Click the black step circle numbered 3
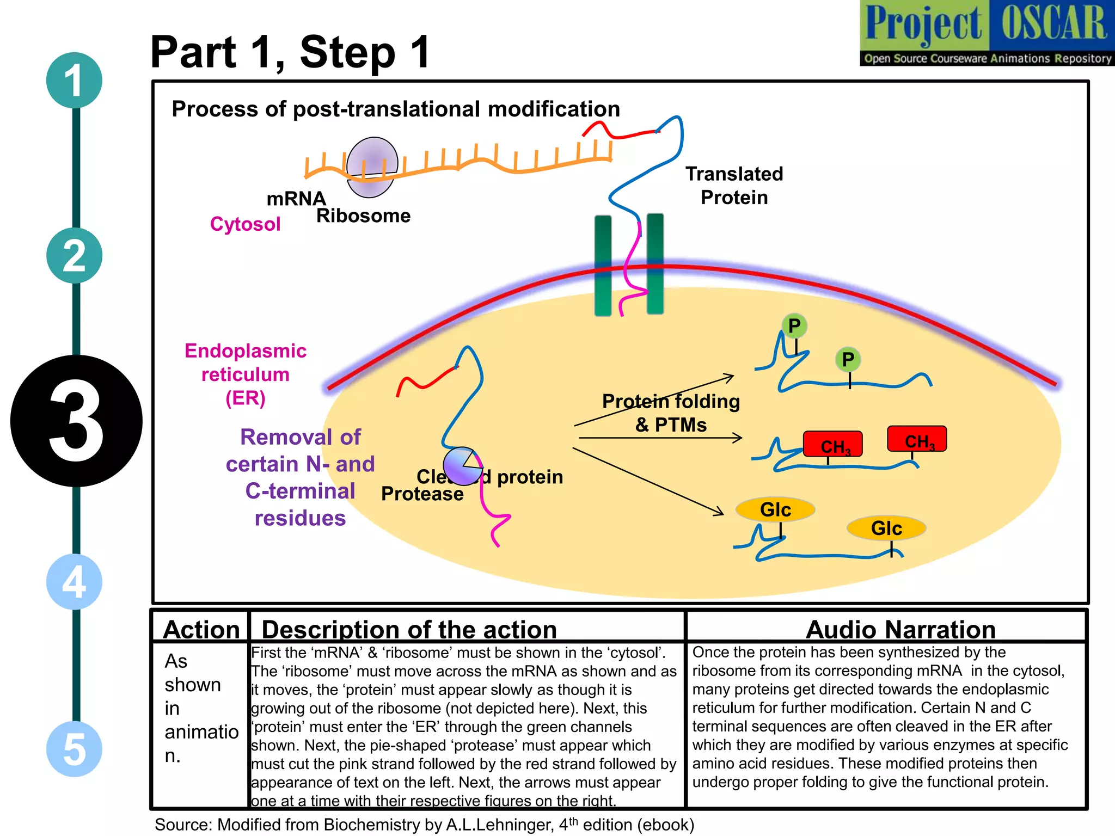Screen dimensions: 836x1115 tap(76, 421)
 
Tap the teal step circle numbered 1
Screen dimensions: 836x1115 tap(74, 81)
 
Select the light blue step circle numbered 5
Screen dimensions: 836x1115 tap(74, 749)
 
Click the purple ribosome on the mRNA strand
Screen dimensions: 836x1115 tap(372, 167)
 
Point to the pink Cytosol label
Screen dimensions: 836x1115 tap(245, 224)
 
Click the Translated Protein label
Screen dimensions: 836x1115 tap(734, 186)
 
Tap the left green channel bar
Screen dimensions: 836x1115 tap(603, 265)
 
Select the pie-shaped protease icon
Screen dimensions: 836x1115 tap(462, 466)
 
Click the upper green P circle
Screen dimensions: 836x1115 tap(794, 326)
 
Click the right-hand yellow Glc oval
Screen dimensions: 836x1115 tap(886, 528)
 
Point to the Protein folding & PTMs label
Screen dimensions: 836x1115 tap(671, 413)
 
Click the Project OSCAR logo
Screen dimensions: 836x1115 tap(987, 33)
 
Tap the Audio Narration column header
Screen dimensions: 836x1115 tap(900, 629)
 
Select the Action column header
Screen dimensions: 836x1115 tap(201, 629)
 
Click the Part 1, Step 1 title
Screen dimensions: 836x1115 tap(290, 52)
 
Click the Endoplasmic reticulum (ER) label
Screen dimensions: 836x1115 tap(246, 374)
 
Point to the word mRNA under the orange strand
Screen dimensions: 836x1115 tap(296, 199)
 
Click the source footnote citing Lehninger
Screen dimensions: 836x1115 tap(424, 825)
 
